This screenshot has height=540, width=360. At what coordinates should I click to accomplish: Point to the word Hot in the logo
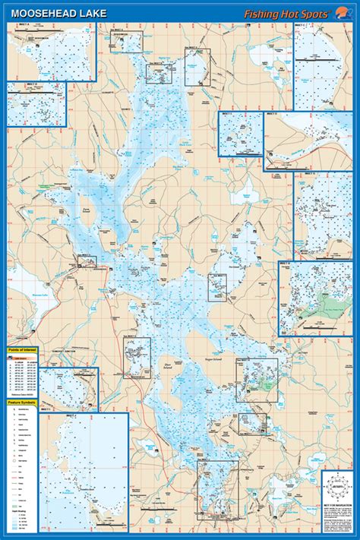(295, 13)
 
